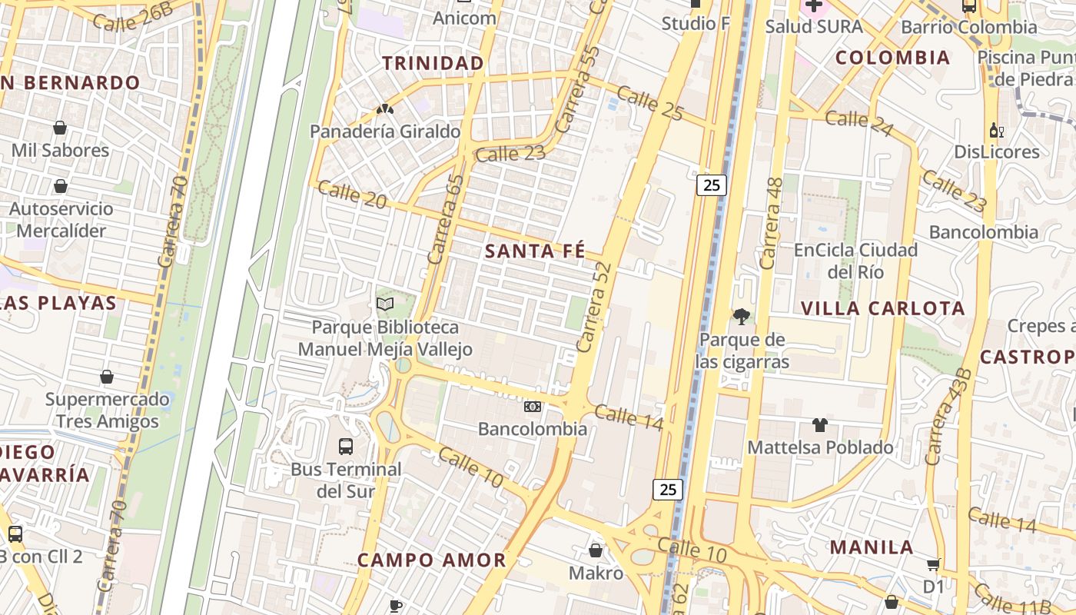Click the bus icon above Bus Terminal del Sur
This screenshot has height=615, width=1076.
pos(346,446)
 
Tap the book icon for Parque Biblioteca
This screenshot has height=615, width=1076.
pos(385,304)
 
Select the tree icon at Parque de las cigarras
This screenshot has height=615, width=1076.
pos(742,317)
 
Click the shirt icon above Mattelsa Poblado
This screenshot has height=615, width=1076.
pos(820,425)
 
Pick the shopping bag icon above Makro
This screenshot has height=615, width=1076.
pos(596,550)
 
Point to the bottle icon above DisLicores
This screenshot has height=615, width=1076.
pos(997,130)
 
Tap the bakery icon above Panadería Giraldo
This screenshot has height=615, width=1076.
pos(385,109)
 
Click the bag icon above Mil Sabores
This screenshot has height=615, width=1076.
pos(60,128)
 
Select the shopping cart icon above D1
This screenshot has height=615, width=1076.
pos(933,565)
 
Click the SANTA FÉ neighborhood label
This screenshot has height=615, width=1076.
pos(535,251)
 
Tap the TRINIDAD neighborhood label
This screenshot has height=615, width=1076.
pos(433,63)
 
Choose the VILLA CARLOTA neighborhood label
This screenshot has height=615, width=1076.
pos(882,309)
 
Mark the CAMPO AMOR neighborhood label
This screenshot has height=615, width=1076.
pos(432,560)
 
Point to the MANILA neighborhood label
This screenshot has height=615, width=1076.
pos(872,548)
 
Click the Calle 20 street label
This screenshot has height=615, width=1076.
pos(352,194)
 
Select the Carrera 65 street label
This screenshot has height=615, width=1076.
pos(446,220)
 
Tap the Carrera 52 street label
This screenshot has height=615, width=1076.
pos(594,307)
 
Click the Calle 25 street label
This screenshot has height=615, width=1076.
pos(649,103)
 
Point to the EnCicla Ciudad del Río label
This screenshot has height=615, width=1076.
pos(855,261)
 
